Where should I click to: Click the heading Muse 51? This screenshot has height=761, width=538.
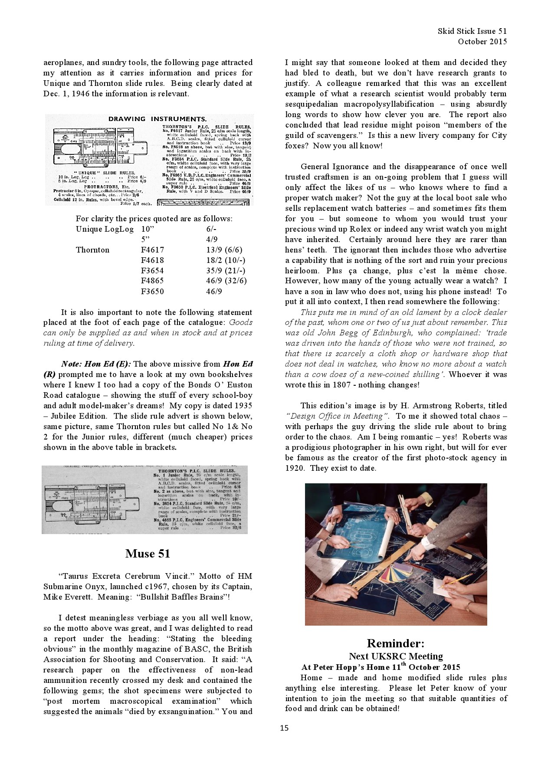tap(148, 554)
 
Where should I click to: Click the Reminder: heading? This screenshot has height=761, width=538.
tap(395, 643)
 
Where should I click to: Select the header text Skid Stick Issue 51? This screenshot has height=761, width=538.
tap(472, 31)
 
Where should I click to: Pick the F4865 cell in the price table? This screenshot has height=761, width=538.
tap(153, 281)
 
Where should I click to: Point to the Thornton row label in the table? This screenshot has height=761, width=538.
tap(92, 249)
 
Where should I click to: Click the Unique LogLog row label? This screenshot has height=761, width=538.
tap(105, 229)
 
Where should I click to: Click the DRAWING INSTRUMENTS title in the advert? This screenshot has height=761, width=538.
tap(157, 119)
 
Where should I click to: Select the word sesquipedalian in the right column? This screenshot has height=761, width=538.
tap(312, 104)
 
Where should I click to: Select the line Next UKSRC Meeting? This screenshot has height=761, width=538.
tap(396, 656)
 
